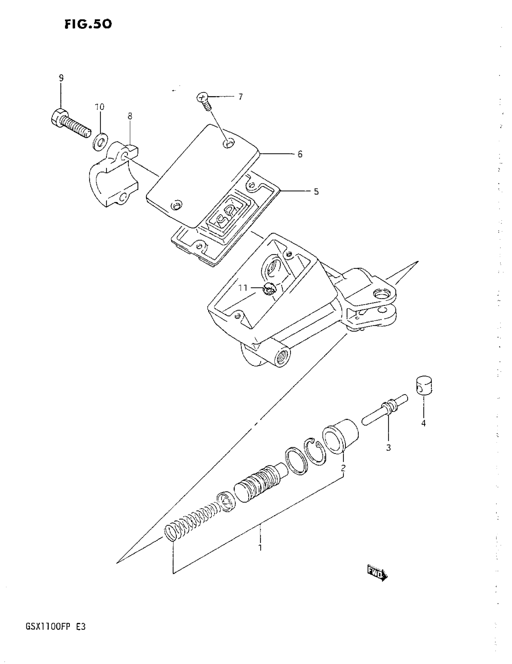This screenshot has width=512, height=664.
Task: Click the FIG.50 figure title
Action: [88, 24]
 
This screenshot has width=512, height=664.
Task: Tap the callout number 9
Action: [61, 78]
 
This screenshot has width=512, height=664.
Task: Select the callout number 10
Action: [99, 107]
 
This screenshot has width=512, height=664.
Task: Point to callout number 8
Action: [130, 116]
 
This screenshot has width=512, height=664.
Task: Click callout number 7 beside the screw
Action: [240, 97]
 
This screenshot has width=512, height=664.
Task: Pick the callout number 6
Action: [300, 154]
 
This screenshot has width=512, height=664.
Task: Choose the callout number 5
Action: [316, 192]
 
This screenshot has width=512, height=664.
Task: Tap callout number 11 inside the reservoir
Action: [243, 287]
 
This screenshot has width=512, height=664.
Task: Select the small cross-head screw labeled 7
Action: [204, 102]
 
